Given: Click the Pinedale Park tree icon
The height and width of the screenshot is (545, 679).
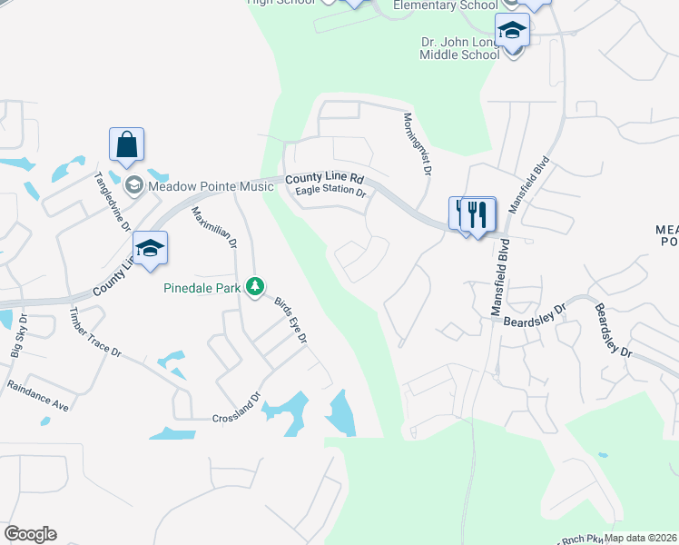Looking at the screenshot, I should (256, 287).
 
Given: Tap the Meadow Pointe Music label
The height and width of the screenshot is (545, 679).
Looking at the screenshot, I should (211, 186).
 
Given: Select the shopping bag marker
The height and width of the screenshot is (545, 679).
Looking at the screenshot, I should (126, 145).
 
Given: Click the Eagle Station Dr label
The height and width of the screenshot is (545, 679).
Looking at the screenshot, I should (330, 193).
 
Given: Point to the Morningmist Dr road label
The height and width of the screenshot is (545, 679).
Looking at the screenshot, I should (417, 144).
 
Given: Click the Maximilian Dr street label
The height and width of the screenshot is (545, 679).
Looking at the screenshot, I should (214, 228).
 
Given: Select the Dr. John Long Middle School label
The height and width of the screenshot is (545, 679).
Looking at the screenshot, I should (460, 47).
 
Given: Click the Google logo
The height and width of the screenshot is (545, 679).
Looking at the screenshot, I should (30, 534).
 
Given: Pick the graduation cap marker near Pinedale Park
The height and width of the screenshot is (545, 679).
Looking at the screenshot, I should (151, 248).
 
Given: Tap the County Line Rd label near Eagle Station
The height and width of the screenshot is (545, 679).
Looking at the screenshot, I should (324, 180).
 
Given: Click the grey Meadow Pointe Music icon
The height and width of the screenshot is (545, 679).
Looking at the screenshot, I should (134, 186).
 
